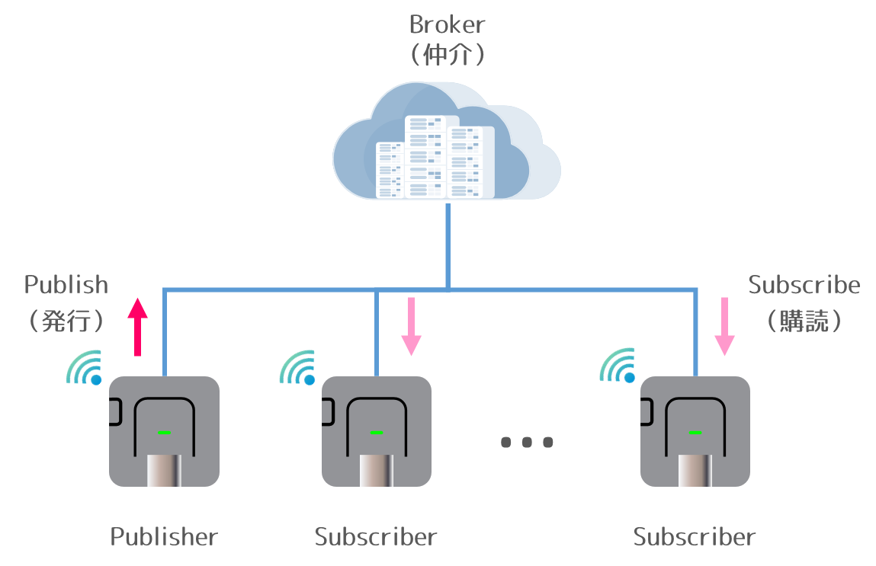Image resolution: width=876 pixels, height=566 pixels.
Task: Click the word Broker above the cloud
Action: click(447, 24)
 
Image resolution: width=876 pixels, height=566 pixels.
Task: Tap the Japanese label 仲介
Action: click(447, 56)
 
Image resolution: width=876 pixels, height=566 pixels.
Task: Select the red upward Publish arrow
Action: click(137, 326)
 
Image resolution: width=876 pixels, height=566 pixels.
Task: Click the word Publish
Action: click(66, 286)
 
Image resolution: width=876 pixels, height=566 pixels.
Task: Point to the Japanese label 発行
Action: click(66, 321)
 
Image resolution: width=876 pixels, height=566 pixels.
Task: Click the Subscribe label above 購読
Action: click(804, 286)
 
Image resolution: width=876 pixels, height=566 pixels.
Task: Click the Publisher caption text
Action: click(164, 537)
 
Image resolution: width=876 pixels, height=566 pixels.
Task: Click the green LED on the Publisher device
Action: click(164, 432)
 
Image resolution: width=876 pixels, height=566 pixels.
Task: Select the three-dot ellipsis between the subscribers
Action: click(526, 442)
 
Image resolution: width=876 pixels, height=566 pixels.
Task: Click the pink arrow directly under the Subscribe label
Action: click(724, 326)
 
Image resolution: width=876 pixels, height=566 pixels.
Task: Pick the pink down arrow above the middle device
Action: click(411, 326)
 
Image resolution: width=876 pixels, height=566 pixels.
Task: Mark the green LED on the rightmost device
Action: click(695, 432)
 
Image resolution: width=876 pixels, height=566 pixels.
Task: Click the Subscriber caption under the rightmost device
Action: click(695, 537)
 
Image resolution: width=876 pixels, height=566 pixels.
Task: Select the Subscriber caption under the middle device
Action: click(376, 537)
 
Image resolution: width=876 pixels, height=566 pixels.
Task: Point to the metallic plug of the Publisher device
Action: click(164, 470)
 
